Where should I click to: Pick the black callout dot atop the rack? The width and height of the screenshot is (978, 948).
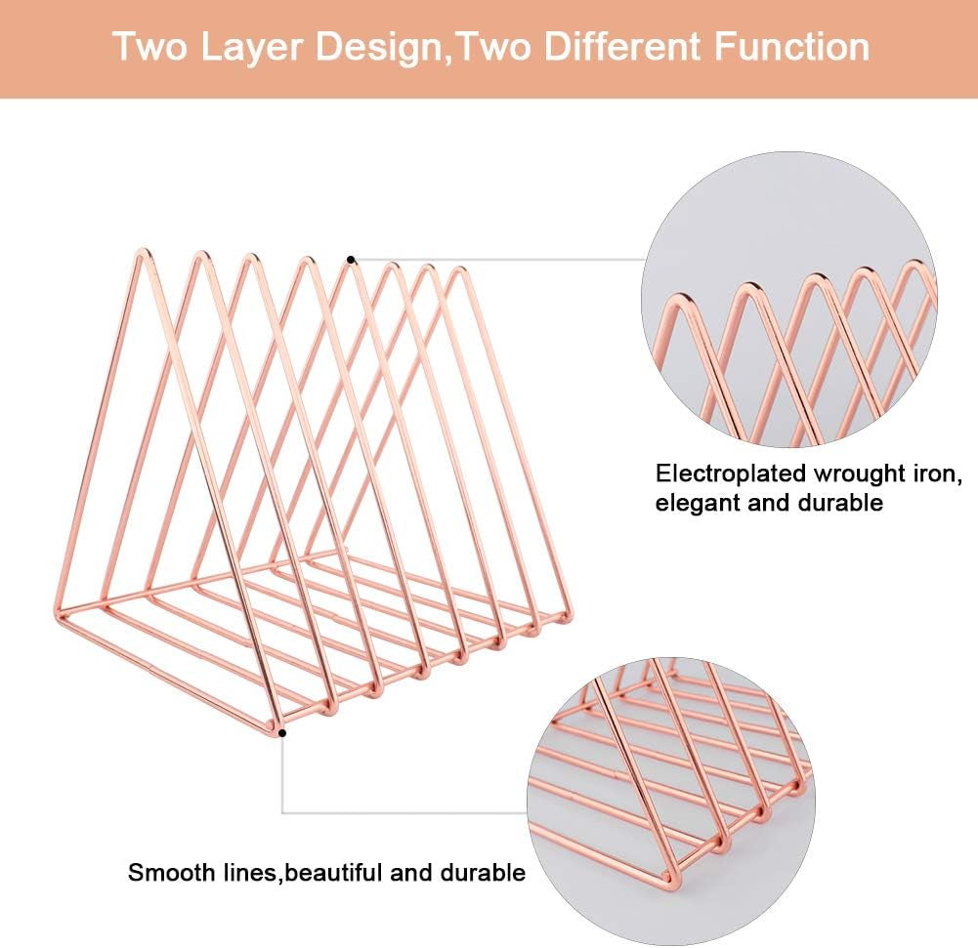352,259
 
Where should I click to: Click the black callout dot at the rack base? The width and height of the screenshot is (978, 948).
282,731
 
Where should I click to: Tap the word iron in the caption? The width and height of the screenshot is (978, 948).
943,475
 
